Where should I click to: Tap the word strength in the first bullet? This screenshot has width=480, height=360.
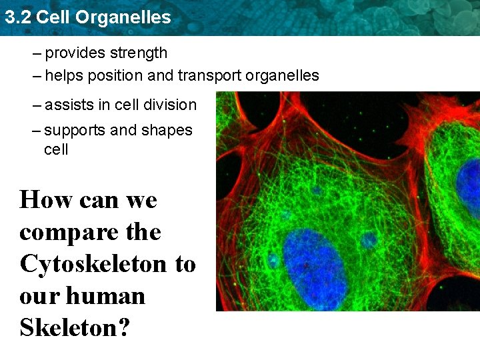139,53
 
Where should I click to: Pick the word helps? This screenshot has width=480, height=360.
63,76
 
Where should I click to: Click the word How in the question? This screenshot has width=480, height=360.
45,199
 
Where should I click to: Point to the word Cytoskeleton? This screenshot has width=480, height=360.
93,265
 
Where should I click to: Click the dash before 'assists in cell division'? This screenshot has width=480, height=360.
36,105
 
